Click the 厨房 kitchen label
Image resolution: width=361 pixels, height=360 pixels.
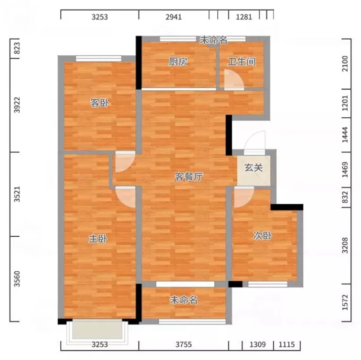click(177, 62)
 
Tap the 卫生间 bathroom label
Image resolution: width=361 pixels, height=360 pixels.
click(241, 62)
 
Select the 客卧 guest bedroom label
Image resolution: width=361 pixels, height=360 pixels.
click(99, 103)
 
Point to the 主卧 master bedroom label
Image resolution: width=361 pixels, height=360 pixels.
click(98, 239)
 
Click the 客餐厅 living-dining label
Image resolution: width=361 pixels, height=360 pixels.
click(188, 177)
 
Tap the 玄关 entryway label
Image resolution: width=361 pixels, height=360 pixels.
click(253, 168)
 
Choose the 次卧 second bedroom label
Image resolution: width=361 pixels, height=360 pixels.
click(262, 236)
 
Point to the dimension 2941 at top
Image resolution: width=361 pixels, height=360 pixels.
click(174, 17)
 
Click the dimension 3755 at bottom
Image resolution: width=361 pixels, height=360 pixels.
click(184, 344)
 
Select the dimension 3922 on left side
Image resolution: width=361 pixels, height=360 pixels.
click(17, 105)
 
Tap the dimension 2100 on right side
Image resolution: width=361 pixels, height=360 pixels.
click(345, 64)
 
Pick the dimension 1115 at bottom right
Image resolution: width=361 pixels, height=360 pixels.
click(286, 344)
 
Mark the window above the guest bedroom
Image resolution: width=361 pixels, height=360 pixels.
click(99, 59)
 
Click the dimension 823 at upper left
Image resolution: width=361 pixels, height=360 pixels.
click(17, 48)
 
